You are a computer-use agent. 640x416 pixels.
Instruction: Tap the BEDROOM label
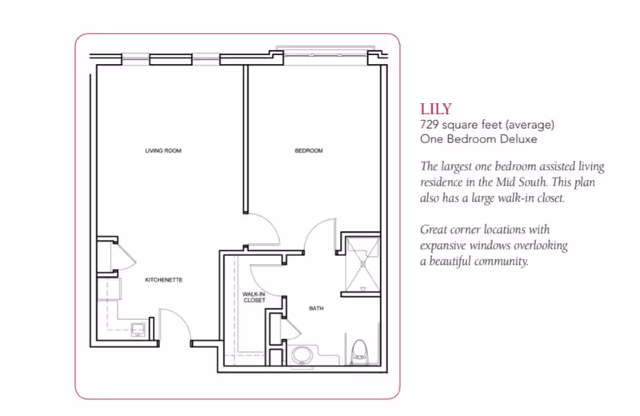point(309,150)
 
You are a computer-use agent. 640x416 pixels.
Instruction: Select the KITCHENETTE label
point(164,281)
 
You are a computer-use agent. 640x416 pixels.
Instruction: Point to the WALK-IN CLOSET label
point(254,297)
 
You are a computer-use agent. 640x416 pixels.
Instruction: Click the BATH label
point(316,306)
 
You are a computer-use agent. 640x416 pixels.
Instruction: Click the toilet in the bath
point(360,349)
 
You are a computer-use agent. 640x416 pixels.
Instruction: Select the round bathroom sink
point(302,354)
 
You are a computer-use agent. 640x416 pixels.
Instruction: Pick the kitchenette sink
point(138,328)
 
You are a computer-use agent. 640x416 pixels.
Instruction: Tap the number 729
point(430,125)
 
